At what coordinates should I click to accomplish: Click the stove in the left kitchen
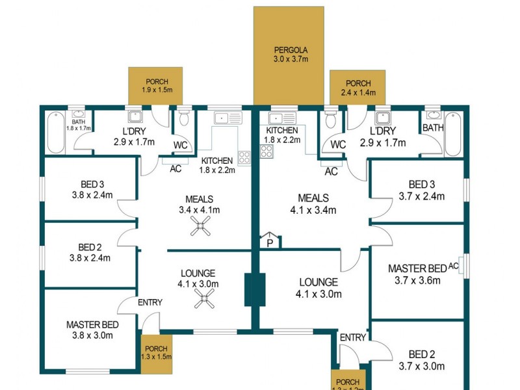[x=245, y=157]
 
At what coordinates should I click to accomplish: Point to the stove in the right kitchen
[x=266, y=151]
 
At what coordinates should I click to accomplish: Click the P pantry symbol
[x=270, y=240]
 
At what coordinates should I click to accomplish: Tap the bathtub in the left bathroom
[x=55, y=132]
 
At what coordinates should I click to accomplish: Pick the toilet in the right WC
[x=331, y=119]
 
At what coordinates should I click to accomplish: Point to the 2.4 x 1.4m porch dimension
[x=358, y=94]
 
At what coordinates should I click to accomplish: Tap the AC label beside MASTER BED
[x=453, y=266]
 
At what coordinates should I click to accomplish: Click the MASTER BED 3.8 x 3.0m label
[x=92, y=330]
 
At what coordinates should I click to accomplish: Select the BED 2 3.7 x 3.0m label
[x=422, y=360]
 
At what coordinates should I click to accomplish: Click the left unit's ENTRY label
[x=149, y=302]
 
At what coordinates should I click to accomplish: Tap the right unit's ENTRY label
[x=352, y=337]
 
